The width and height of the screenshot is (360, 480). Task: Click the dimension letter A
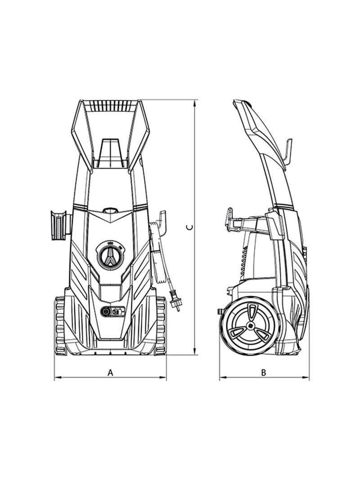pyautogui.click(x=110, y=372)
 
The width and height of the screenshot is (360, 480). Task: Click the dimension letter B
pyautogui.click(x=264, y=372)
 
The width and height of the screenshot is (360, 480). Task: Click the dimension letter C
pyautogui.click(x=191, y=227)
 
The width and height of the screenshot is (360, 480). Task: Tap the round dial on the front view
pyautogui.click(x=111, y=256)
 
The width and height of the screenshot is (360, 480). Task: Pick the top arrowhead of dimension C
pyautogui.click(x=195, y=103)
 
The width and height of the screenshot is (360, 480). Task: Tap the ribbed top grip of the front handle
pyautogui.click(x=110, y=106)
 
